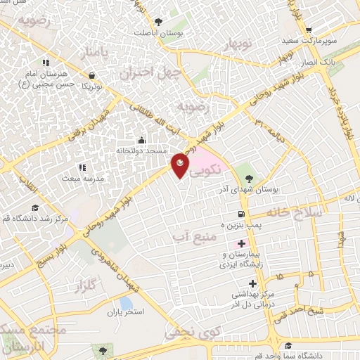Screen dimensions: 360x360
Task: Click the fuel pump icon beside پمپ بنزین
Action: (x=241, y=214)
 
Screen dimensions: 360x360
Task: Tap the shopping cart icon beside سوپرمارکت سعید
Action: (x=309, y=30)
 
